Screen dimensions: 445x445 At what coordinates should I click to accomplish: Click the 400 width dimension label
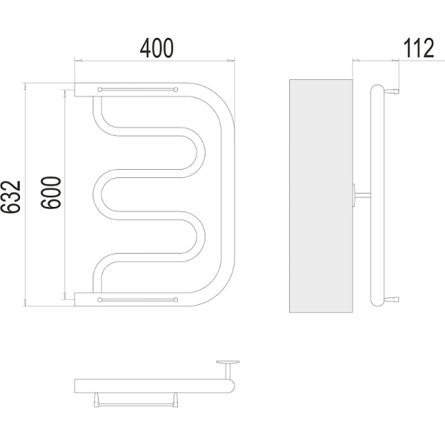point(156,47)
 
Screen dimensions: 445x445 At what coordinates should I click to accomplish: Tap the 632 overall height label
point(11,197)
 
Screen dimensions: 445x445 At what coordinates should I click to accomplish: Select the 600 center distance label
point(51,193)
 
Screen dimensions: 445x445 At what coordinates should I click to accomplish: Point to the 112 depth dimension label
point(418,48)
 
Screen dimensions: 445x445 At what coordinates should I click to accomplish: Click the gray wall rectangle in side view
point(321,196)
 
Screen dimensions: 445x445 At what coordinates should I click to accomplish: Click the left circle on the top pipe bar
point(99,90)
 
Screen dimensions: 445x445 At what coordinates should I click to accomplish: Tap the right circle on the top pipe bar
point(176,90)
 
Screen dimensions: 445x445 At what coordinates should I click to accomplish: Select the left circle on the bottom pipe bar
point(99,300)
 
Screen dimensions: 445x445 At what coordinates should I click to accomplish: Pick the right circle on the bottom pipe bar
point(176,300)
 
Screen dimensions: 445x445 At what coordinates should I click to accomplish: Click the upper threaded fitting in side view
point(392,91)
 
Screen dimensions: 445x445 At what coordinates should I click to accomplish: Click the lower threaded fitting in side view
point(392,299)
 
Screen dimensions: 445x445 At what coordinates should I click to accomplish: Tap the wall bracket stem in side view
point(363,194)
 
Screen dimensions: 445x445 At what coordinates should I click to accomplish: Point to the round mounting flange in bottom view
point(228,362)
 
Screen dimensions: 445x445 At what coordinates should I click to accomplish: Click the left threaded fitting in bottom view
point(96,400)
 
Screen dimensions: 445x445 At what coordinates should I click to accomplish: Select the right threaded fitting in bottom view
point(175,400)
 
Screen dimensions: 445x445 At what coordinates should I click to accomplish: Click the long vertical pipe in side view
point(378,195)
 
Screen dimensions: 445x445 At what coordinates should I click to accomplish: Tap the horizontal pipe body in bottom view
point(155,386)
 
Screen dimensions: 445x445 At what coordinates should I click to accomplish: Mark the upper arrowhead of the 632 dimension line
point(25,86)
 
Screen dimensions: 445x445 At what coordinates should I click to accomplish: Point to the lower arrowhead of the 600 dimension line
point(65,295)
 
